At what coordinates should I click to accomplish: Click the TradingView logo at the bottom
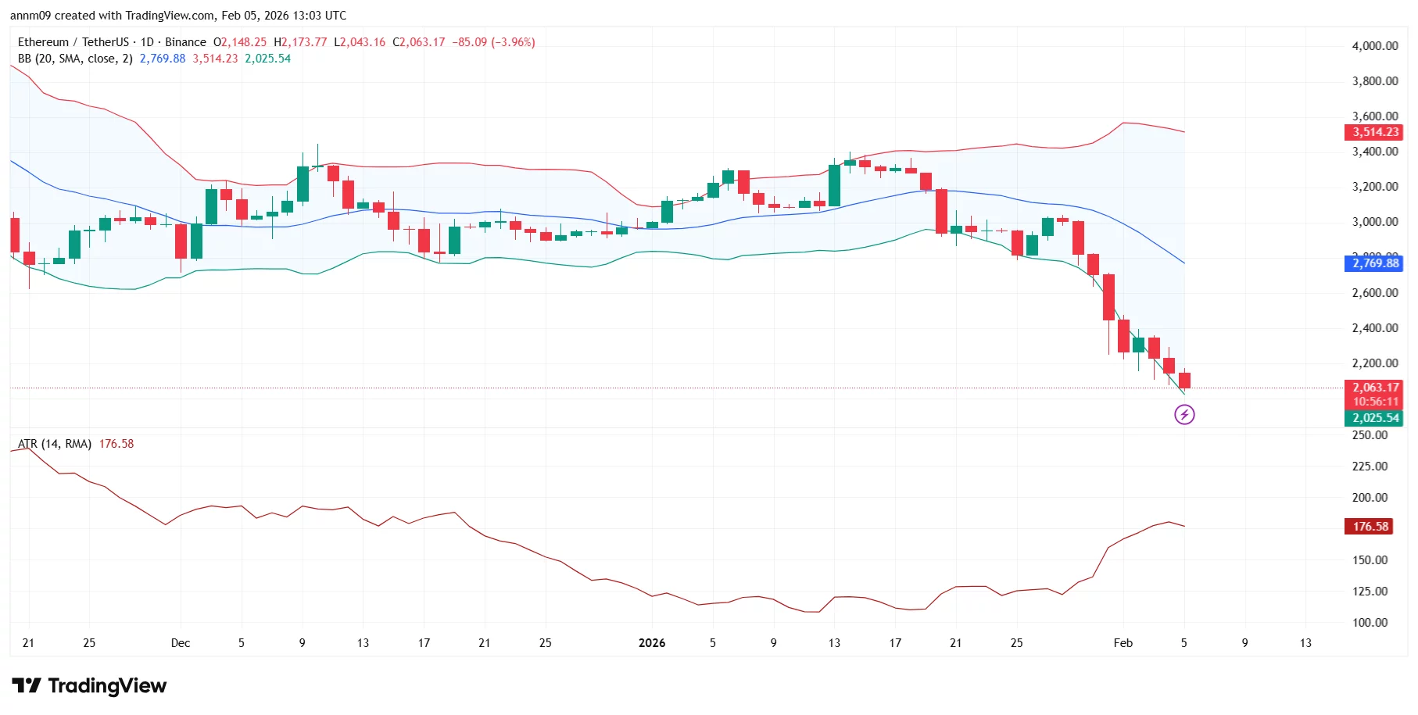89,686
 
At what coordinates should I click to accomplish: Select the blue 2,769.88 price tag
1375,263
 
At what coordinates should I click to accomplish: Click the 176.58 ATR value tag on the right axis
1370,527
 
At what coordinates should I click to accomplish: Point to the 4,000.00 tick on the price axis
1374,46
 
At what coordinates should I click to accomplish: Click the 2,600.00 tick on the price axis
1374,293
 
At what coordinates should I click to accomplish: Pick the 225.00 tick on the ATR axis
1370,467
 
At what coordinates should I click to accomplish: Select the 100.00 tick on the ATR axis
1370,623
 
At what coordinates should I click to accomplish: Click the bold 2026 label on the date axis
651,643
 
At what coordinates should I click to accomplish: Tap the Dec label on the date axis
181,643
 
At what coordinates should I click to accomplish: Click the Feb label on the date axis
1123,643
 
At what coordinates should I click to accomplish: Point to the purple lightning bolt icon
1184,415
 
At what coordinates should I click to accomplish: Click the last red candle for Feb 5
1184,381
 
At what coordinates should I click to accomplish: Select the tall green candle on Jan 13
834,186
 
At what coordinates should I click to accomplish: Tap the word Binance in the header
185,42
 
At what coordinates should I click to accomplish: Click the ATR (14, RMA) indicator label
55,444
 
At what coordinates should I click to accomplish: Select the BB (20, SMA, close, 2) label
75,59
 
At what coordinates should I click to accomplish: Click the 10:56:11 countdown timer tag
1375,402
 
